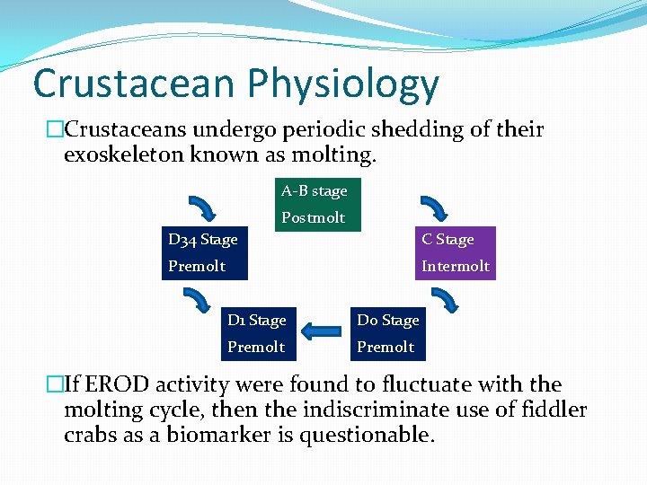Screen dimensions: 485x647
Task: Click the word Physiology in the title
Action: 343,85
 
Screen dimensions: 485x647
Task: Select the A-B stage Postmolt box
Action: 317,205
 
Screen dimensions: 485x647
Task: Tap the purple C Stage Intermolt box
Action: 456,253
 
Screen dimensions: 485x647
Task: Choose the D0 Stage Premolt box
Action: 387,333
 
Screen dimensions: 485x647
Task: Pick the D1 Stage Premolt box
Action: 256,333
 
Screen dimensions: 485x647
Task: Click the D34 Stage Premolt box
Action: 204,253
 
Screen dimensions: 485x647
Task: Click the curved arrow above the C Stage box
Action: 435,207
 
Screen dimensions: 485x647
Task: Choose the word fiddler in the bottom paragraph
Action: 554,410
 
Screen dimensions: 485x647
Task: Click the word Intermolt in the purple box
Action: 456,266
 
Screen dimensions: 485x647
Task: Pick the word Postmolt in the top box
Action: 313,217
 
